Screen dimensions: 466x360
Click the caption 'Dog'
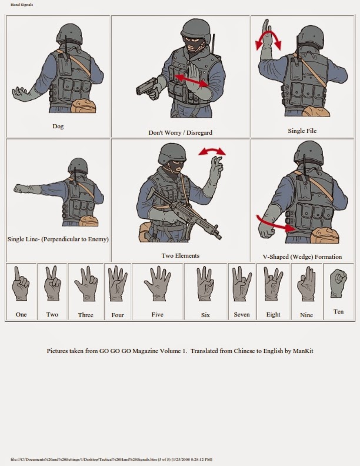58,126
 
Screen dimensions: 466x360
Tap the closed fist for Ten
338,283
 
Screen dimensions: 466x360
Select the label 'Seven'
242,315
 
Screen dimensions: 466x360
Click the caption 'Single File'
302,131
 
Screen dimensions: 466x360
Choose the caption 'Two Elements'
180,256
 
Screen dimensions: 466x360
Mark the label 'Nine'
306,315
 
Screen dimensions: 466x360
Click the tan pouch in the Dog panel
82,108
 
